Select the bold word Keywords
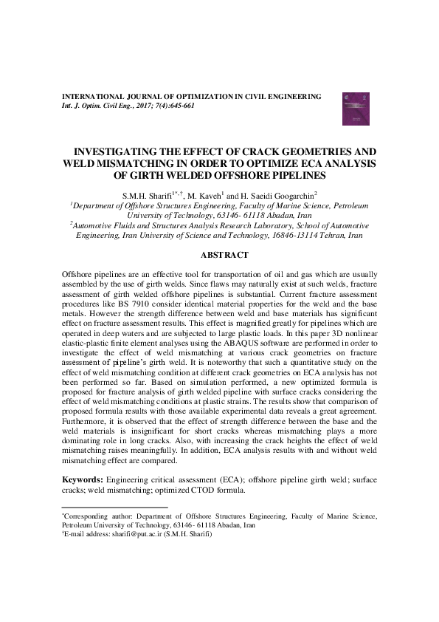pyautogui.click(x=82, y=480)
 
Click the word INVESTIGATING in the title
pyautogui.click(x=130, y=150)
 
